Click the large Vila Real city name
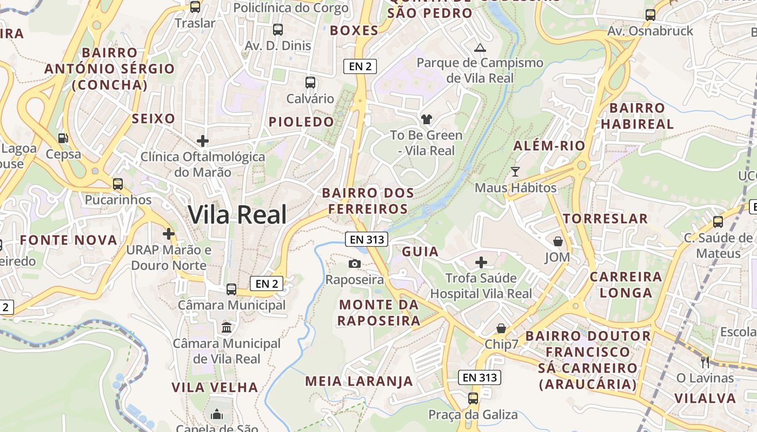tap(237, 215)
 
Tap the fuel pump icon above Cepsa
tap(63, 138)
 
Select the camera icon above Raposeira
tap(354, 264)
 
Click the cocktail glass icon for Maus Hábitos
tap(515, 172)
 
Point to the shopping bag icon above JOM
tap(557, 241)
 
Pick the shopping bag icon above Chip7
tap(501, 328)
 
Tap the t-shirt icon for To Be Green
tap(427, 119)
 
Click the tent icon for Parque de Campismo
tap(480, 48)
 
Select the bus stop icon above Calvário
tap(310, 83)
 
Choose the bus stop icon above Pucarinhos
tap(118, 184)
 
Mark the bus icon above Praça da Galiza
tap(473, 399)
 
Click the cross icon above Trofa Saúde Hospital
tap(481, 263)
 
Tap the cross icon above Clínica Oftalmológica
tap(203, 141)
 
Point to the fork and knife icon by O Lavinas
tap(705, 362)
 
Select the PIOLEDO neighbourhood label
tap(302, 122)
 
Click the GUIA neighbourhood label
tap(420, 252)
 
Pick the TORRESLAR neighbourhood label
tap(605, 219)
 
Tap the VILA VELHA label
tap(215, 387)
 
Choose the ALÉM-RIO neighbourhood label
tap(549, 146)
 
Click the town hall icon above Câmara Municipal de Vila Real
tap(227, 327)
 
